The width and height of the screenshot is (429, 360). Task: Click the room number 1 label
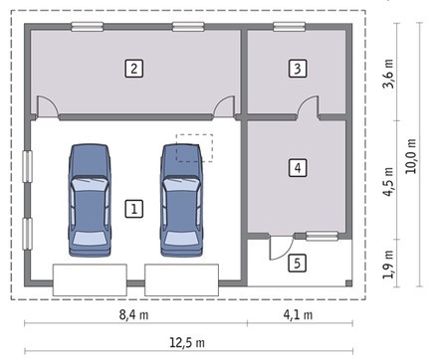click(x=134, y=209)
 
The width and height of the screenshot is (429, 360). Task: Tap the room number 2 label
click(x=134, y=69)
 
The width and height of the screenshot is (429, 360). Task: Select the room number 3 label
click(x=298, y=69)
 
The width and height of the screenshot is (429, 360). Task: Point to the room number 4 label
click(x=298, y=167)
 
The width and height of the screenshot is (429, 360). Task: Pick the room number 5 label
click(x=297, y=263)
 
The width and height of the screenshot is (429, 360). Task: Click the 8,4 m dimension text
click(x=133, y=314)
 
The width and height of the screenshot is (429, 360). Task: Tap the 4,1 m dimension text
click(x=298, y=314)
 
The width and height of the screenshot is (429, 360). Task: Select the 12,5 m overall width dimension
click(x=187, y=342)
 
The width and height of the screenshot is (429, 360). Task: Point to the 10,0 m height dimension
click(x=410, y=155)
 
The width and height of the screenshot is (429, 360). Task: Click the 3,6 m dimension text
click(x=388, y=74)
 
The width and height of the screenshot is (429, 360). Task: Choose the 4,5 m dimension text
click(x=388, y=181)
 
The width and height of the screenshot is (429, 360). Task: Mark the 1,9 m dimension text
click(x=388, y=265)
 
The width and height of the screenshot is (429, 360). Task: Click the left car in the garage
click(x=90, y=200)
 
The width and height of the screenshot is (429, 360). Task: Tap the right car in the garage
click(x=181, y=200)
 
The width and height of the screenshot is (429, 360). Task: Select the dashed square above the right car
click(x=194, y=148)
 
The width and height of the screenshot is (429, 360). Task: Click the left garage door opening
click(x=90, y=279)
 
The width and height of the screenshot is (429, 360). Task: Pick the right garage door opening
click(x=182, y=279)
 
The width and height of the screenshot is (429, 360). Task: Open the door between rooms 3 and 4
click(x=308, y=108)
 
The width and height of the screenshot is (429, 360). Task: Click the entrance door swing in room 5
click(x=281, y=248)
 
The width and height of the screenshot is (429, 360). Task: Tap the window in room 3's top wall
click(x=289, y=27)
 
